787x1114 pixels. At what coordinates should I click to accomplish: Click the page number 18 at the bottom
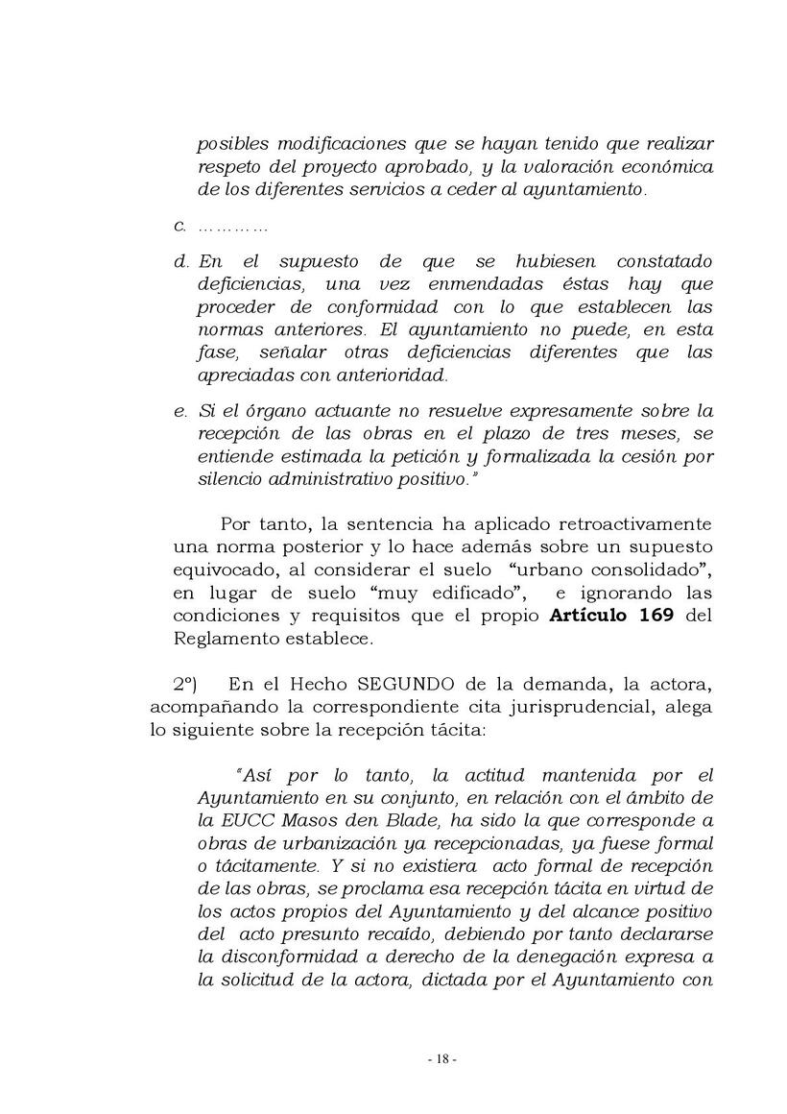tap(441, 1059)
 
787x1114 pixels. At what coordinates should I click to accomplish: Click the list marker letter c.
tap(179, 227)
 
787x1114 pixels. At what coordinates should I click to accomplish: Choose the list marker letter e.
tap(179, 411)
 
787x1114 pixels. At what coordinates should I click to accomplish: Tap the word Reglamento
tap(219, 639)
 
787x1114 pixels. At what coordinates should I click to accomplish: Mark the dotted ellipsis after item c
tap(231, 228)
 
